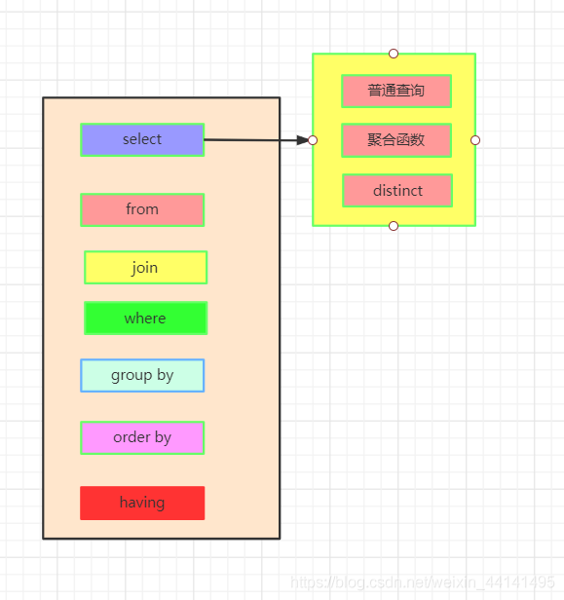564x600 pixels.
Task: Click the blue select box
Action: point(142,139)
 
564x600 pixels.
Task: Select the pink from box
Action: point(142,209)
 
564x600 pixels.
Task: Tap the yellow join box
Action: point(145,268)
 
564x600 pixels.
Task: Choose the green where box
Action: point(145,319)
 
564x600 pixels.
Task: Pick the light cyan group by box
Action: point(142,375)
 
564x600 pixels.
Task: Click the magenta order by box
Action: point(142,437)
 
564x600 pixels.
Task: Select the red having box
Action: point(142,503)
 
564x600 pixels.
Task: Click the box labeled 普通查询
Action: point(396,91)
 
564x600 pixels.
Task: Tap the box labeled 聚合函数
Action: point(396,140)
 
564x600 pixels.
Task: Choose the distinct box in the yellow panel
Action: point(397,191)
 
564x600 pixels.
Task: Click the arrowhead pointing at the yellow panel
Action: point(302,140)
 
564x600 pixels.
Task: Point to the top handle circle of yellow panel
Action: point(394,54)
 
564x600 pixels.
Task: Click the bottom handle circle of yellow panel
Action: point(394,226)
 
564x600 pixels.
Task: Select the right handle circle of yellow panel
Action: point(475,140)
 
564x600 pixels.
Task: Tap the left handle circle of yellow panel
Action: point(313,140)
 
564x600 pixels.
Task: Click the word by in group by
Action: point(165,375)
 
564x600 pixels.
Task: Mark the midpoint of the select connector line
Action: point(255,140)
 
